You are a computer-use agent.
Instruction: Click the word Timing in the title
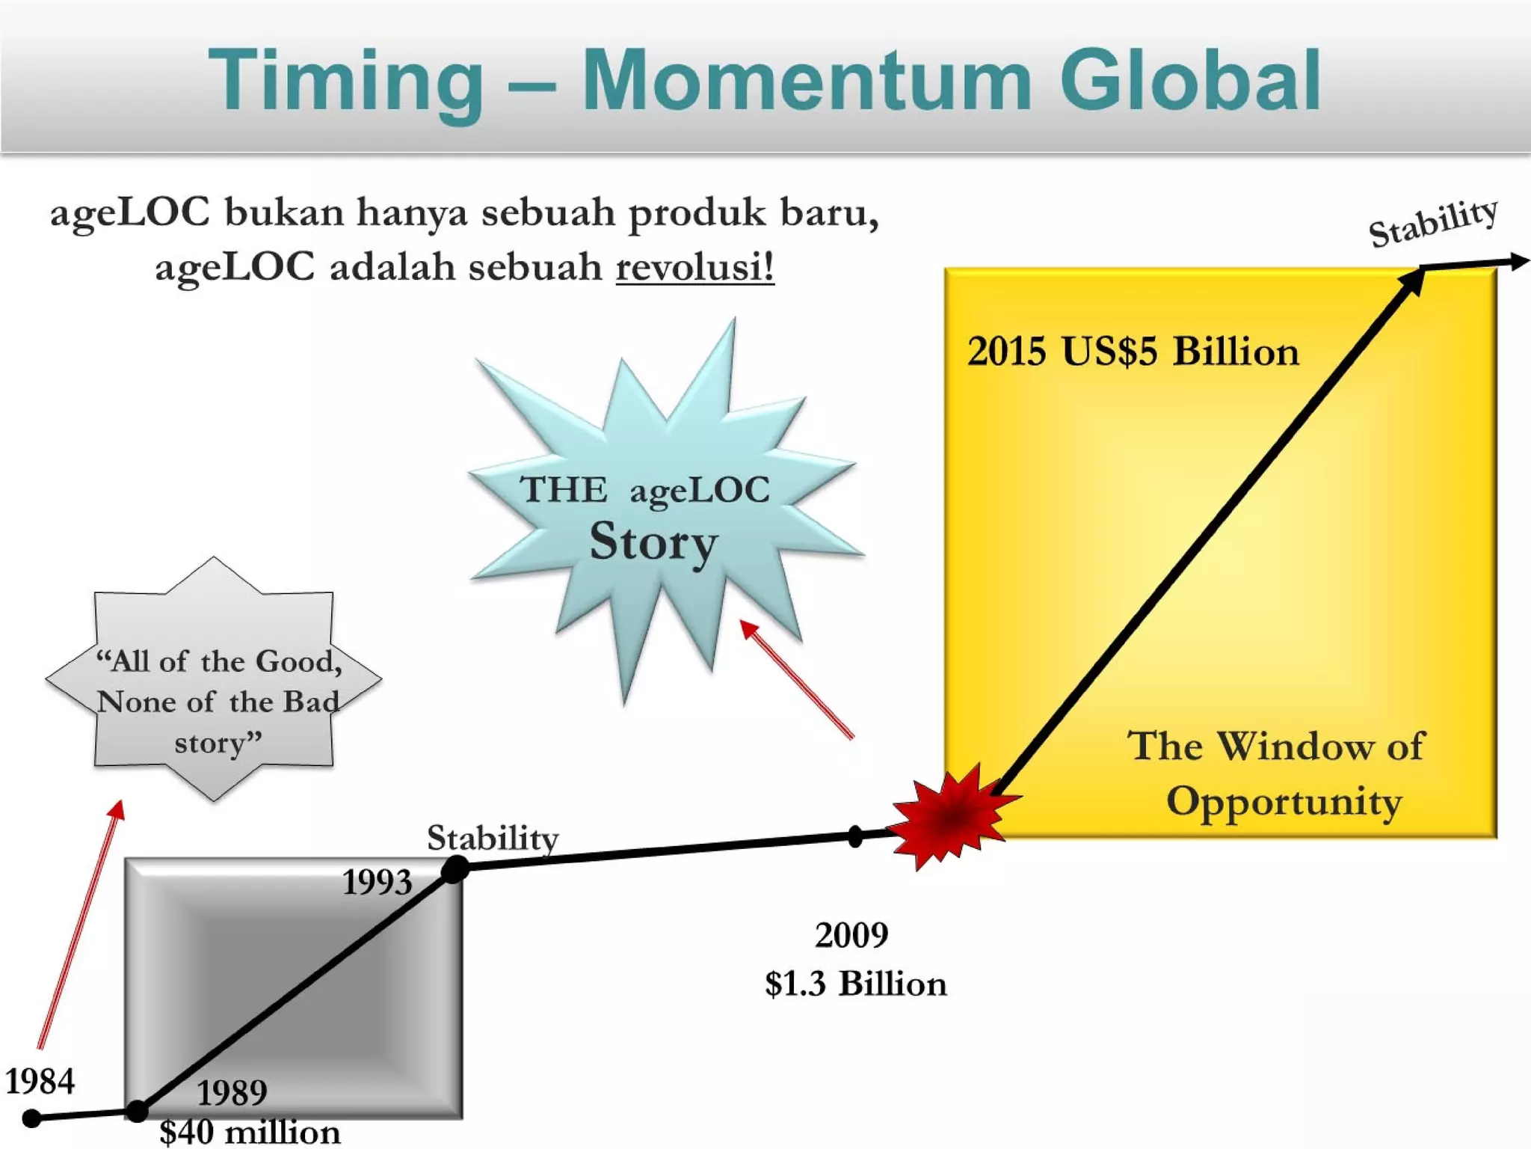(x=345, y=81)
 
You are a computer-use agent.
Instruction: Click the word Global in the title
(x=1190, y=81)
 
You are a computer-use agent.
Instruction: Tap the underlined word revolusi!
(x=694, y=267)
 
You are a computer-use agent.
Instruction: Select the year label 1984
(x=40, y=1081)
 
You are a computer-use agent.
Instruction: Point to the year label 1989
(x=232, y=1093)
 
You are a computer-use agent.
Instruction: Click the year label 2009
(x=851, y=935)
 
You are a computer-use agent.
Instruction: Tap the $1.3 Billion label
(x=856, y=984)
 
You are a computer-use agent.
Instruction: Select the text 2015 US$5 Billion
(x=1133, y=352)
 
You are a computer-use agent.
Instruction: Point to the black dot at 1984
(x=31, y=1118)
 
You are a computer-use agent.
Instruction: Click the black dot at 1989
(x=137, y=1112)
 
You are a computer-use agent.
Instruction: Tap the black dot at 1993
(x=455, y=869)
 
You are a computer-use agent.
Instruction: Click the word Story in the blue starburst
(x=653, y=542)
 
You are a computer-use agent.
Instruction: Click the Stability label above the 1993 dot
(x=493, y=838)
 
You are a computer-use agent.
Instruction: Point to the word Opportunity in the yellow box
(x=1284, y=802)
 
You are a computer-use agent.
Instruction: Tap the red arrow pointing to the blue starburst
(x=797, y=679)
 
